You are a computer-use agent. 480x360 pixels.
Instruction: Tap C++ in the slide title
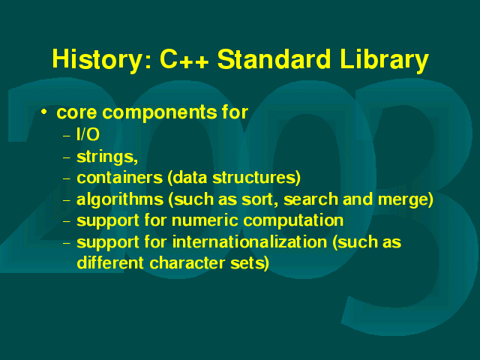(184, 58)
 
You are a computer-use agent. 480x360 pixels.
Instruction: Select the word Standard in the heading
(274, 58)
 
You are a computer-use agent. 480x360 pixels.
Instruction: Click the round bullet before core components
(44, 112)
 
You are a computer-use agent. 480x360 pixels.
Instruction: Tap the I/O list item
(88, 134)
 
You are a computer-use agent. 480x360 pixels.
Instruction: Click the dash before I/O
(67, 135)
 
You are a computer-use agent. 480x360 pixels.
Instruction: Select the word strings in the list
(105, 157)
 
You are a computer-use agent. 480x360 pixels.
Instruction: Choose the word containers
(119, 178)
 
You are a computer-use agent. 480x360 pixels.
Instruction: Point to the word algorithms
(120, 200)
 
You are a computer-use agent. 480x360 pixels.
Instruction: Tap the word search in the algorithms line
(310, 199)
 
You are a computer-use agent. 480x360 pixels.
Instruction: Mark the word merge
(403, 200)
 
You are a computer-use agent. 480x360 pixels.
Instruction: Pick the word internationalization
(250, 241)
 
